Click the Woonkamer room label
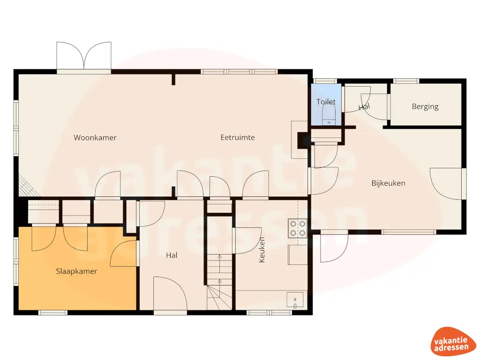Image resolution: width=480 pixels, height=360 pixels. click(95, 138)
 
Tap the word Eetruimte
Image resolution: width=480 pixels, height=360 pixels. click(238, 137)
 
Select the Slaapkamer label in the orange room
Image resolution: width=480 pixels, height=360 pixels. click(76, 271)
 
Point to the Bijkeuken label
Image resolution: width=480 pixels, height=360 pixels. click(388, 183)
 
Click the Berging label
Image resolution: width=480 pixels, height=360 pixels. click(425, 106)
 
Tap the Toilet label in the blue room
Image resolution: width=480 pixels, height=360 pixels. click(326, 102)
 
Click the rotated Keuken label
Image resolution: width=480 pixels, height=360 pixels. click(262, 249)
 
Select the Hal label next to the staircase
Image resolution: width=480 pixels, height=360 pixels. click(172, 255)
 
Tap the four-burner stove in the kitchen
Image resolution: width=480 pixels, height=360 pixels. click(298, 228)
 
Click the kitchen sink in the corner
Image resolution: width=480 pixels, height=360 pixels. click(295, 300)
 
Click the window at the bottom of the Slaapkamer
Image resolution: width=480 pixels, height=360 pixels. click(52, 312)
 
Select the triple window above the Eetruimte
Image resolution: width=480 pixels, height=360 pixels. click(239, 72)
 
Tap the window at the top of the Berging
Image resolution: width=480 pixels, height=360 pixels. click(405, 81)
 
